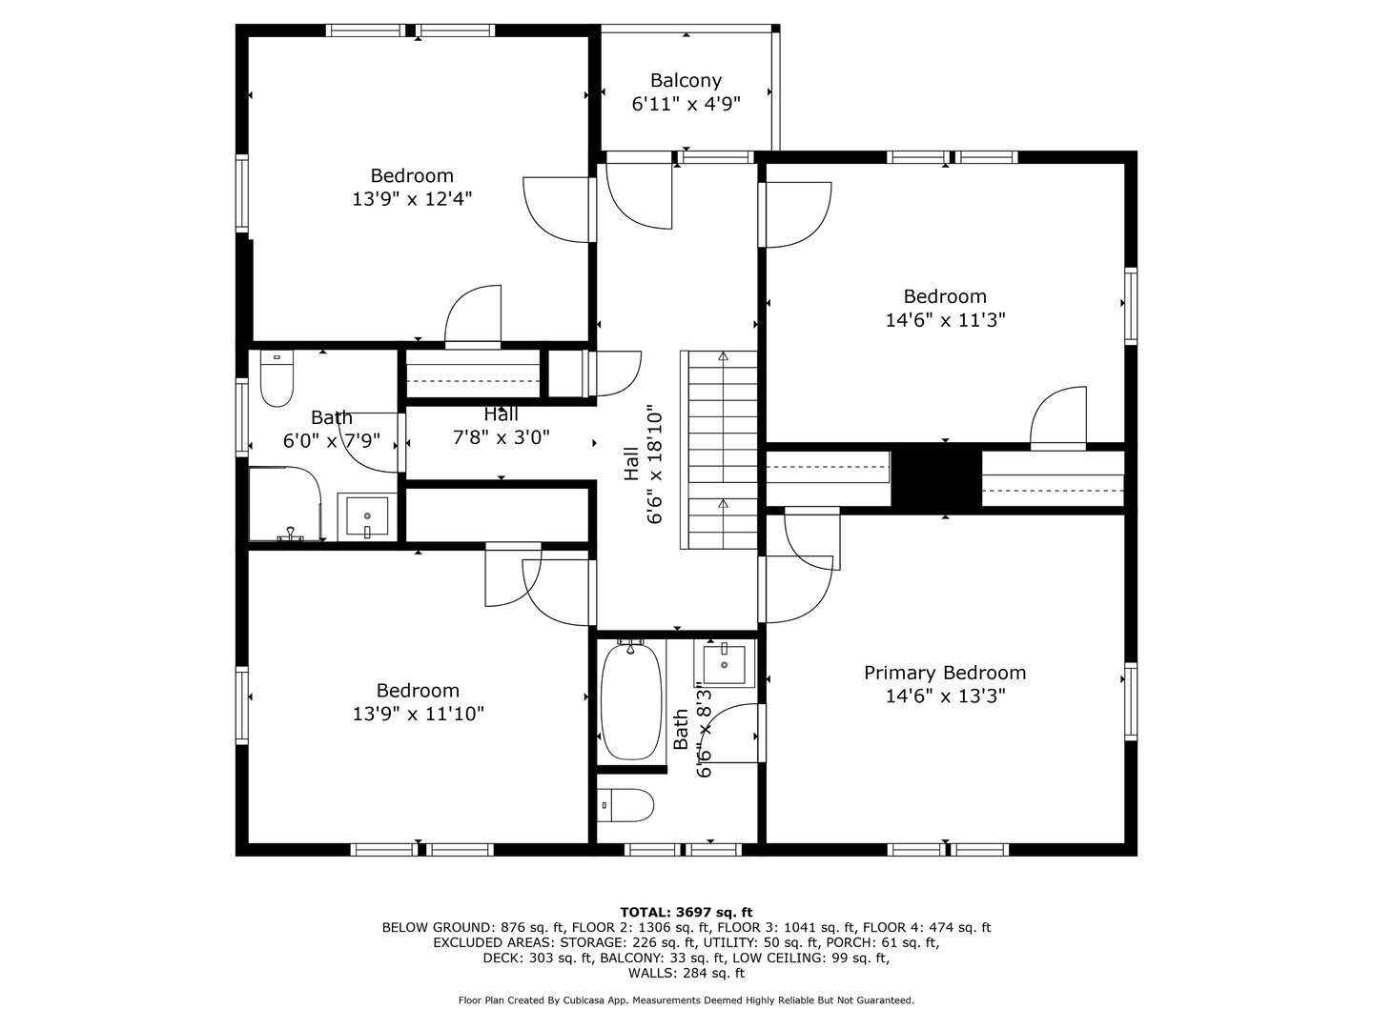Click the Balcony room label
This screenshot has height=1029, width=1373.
click(686, 81)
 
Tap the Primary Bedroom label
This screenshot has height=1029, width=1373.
click(945, 673)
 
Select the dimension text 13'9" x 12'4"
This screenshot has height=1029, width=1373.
click(412, 198)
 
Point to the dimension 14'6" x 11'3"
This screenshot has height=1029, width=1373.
click(945, 320)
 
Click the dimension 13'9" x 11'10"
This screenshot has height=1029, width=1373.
click(418, 714)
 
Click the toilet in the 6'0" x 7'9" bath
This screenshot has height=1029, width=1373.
click(277, 381)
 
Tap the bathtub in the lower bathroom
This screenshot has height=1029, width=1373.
click(631, 701)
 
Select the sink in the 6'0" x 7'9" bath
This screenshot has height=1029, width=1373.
click(366, 517)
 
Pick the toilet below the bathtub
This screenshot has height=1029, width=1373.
click(626, 806)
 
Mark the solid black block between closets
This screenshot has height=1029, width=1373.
click(936, 477)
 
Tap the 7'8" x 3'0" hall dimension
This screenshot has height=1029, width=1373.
click(501, 437)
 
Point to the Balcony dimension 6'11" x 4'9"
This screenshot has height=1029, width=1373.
click(686, 104)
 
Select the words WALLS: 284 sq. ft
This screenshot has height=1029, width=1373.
click(686, 973)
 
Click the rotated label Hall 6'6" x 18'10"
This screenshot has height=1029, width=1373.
click(644, 462)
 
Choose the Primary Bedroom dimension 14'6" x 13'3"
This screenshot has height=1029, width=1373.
click(945, 696)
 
